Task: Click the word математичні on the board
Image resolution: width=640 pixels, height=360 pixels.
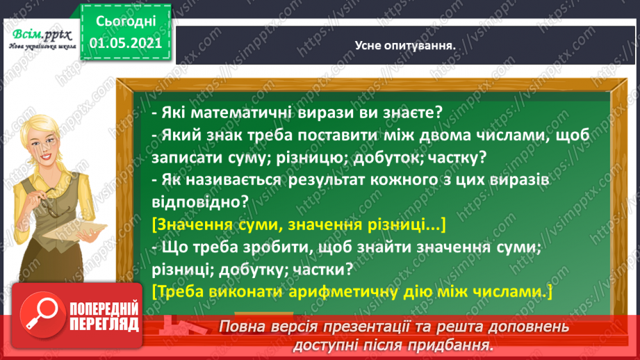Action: pos(243,113)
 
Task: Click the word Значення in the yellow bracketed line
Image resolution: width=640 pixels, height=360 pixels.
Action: pos(191,226)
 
